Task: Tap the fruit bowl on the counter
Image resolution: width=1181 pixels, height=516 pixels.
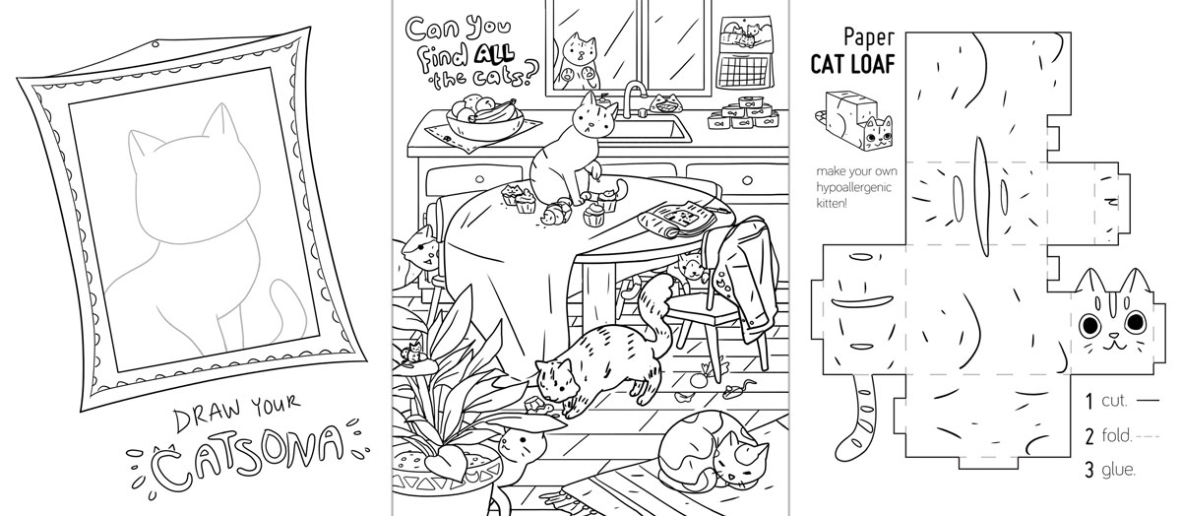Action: [484, 120]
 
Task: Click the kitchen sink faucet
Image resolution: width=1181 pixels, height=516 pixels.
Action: [634, 99]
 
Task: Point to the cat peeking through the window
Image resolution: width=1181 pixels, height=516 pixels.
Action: [578, 60]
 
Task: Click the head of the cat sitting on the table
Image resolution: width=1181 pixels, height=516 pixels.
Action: [594, 116]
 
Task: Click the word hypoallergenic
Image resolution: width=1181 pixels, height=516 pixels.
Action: [853, 187]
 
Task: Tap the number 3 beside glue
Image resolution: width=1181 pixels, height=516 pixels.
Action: [1089, 470]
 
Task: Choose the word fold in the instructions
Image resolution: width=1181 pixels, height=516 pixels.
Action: [1116, 436]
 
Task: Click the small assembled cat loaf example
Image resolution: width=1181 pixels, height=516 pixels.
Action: [854, 120]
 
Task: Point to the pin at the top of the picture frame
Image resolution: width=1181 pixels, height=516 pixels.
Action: [154, 44]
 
